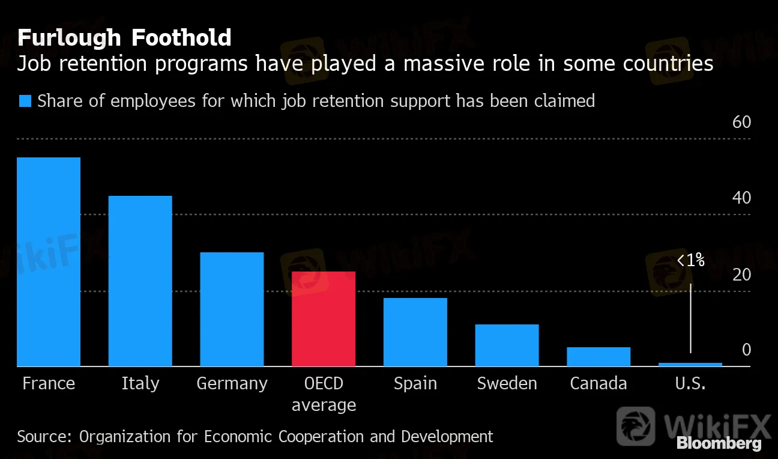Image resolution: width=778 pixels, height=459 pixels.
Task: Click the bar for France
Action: [49, 262]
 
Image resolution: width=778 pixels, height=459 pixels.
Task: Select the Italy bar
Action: [140, 281]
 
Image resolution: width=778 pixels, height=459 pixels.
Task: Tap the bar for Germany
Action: [232, 309]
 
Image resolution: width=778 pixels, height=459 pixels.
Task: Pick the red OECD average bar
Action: [324, 319]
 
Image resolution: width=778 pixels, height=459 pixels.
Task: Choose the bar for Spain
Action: [415, 332]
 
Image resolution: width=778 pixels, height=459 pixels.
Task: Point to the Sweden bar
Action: [507, 345]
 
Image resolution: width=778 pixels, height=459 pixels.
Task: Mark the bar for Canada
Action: [599, 357]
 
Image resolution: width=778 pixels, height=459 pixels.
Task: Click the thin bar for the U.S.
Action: [690, 364]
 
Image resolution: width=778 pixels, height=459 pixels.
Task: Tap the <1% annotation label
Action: [690, 261]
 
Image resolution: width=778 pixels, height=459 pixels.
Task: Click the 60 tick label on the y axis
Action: [741, 123]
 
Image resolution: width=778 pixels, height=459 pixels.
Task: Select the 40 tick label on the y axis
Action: [741, 198]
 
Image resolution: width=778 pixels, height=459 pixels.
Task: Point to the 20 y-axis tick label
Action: [741, 275]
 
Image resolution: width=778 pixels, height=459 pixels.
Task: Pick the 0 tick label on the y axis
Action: [746, 350]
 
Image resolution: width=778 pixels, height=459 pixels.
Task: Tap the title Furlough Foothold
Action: [124, 38]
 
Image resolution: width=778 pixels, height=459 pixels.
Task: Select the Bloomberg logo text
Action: [719, 444]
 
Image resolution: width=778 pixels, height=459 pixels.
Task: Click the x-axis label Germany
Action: [232, 384]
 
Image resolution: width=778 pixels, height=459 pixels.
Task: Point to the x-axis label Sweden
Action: [507, 384]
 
